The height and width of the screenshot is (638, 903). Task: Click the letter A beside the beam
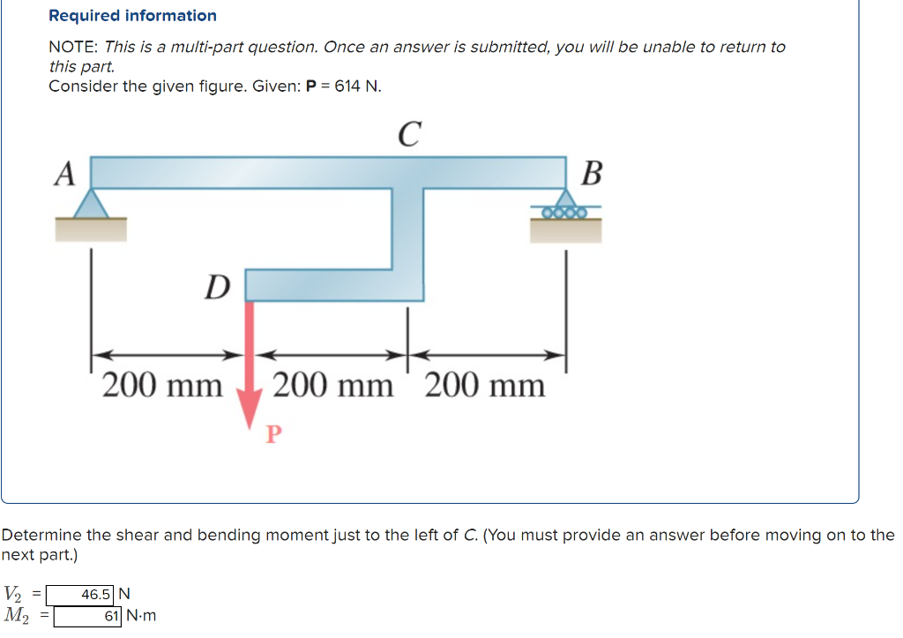63,174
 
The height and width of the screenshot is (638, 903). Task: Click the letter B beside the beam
593,174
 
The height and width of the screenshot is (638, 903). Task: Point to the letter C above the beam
407,134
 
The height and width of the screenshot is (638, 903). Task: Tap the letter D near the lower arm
216,286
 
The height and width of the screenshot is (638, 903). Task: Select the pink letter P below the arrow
273,433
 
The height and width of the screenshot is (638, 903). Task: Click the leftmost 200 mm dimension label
162,386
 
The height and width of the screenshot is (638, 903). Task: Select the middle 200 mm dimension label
333,386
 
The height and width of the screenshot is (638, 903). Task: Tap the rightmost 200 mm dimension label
485,386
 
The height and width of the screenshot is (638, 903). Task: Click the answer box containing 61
88,616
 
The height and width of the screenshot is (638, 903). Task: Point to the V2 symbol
15,593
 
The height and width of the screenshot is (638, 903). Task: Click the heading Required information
132,16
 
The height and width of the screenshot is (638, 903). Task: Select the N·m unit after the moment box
141,616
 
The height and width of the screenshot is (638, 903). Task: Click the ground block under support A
92,229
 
